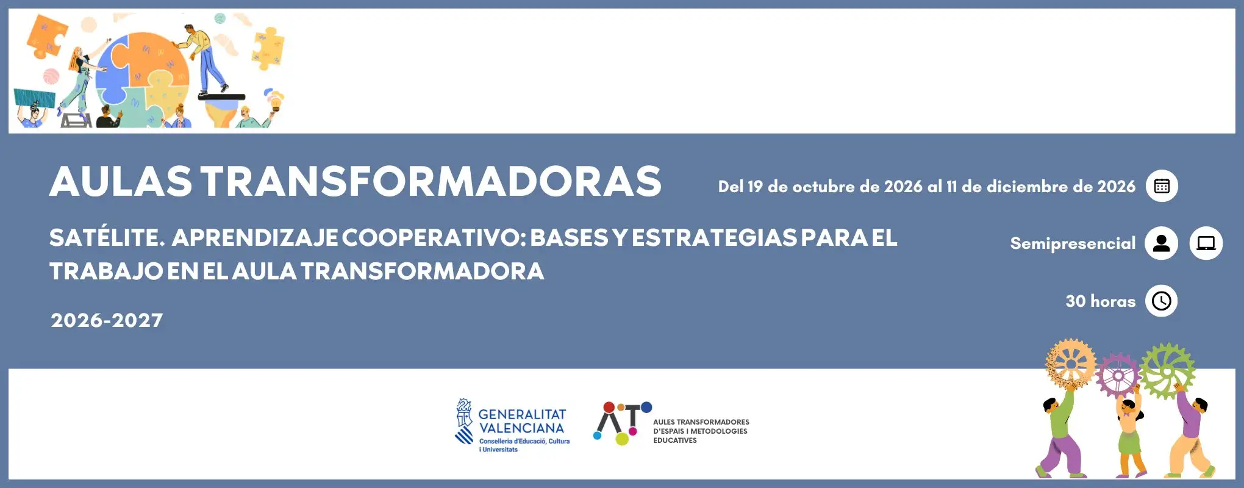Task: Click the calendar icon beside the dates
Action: pyautogui.click(x=1162, y=186)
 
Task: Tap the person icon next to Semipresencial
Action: pyautogui.click(x=1161, y=243)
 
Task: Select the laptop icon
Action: pyautogui.click(x=1206, y=243)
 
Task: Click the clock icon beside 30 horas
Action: pyautogui.click(x=1162, y=301)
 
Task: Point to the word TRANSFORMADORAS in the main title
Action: pyautogui.click(x=431, y=181)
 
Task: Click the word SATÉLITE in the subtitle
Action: pyautogui.click(x=107, y=237)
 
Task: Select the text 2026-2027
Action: pyautogui.click(x=107, y=320)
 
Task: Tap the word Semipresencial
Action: pyautogui.click(x=1073, y=243)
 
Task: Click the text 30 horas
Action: pyautogui.click(x=1101, y=301)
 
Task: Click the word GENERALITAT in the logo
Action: pyautogui.click(x=522, y=414)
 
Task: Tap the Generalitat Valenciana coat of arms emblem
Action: pyautogui.click(x=465, y=421)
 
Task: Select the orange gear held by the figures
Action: pyautogui.click(x=1070, y=364)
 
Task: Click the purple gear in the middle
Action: pyautogui.click(x=1117, y=375)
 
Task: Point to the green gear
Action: pyautogui.click(x=1167, y=370)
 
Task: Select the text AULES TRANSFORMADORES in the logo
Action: pyautogui.click(x=701, y=422)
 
